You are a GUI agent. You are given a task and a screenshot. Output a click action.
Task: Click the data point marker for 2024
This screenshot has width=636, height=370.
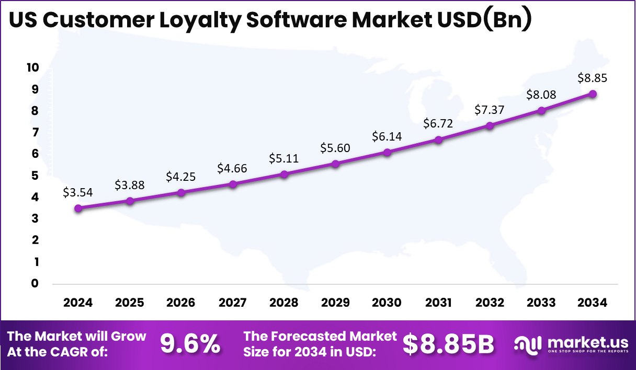click(78, 208)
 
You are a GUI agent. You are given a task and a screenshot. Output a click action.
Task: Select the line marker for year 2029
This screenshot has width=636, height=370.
click(336, 164)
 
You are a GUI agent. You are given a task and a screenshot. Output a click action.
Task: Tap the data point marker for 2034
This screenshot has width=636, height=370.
click(593, 94)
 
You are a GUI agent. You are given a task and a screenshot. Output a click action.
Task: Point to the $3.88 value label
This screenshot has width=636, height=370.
click(130, 185)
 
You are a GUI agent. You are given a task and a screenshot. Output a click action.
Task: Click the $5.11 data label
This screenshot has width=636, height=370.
click(284, 158)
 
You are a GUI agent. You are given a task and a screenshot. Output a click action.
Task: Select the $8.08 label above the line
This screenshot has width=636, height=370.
click(541, 95)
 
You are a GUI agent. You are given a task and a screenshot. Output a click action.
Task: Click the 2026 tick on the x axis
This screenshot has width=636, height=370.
click(181, 303)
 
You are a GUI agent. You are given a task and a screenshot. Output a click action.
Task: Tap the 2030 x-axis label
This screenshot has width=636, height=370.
click(387, 303)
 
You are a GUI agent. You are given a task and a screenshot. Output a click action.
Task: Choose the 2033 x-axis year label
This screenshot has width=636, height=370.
click(541, 303)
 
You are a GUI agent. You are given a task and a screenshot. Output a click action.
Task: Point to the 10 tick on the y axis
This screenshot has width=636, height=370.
click(33, 67)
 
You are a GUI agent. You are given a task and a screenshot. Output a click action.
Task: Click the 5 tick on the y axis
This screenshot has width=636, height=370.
click(35, 175)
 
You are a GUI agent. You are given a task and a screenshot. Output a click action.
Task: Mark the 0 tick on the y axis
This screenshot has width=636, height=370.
click(35, 283)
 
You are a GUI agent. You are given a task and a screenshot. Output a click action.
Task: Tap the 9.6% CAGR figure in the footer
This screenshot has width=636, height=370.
click(190, 344)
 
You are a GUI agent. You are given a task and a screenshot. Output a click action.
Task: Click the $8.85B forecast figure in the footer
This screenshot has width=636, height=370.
click(448, 344)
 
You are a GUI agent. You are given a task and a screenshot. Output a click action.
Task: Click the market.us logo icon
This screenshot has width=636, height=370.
click(528, 344)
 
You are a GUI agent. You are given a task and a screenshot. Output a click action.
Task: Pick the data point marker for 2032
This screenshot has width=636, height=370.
click(490, 126)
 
